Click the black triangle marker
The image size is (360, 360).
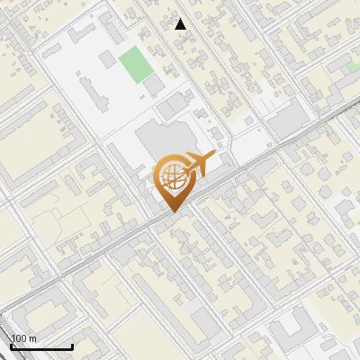coord(181,24)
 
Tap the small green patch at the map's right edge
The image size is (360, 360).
coord(354,66)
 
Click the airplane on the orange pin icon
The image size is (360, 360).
coord(197,164)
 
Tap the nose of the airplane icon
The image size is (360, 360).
coord(214,157)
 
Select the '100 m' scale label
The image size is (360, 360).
coord(23,338)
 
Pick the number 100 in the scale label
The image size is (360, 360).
coord(19,338)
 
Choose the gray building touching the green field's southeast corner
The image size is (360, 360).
coord(154,84)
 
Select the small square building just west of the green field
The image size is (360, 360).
coord(108,58)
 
